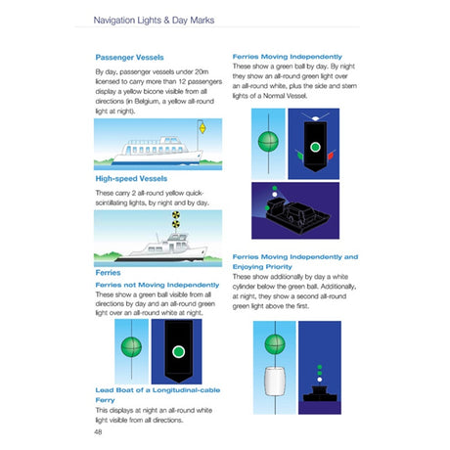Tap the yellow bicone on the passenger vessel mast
click(x=202, y=127)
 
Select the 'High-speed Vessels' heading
click(x=132, y=178)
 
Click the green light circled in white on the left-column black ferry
click(x=178, y=351)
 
